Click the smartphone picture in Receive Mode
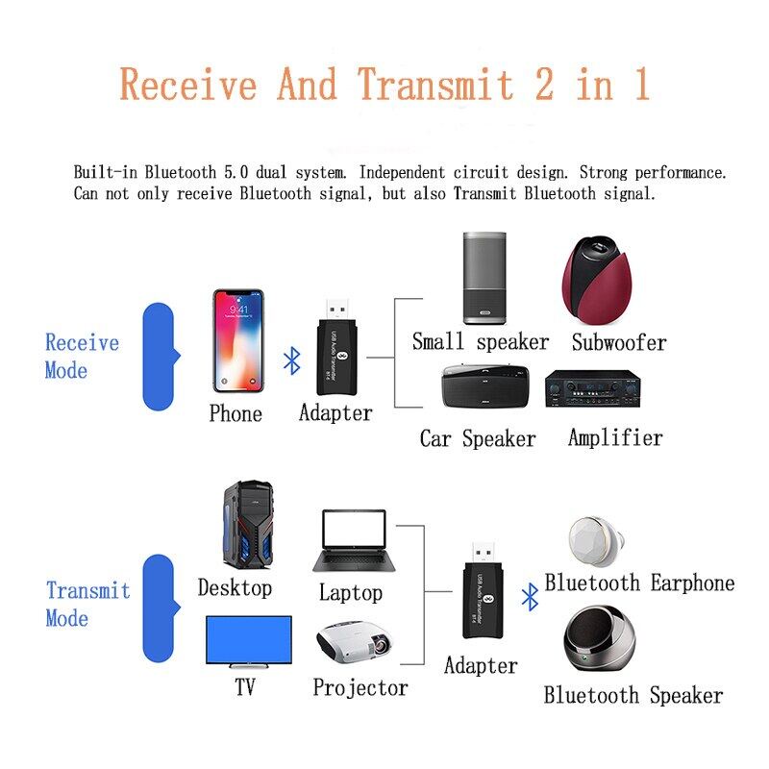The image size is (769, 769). pos(238,341)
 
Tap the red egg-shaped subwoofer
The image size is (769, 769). pos(597,280)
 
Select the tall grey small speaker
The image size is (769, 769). pos(484,278)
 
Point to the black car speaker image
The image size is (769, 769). pos(485,386)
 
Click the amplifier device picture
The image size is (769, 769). pos(593,388)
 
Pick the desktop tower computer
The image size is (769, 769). pos(249,525)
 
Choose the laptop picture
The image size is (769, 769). pos(354,541)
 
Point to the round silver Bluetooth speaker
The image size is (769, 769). pos(599,638)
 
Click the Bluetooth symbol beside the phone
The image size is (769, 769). pos(292,361)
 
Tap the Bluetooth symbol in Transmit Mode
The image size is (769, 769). pos(530,597)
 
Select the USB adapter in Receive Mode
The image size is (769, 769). pos(336,347)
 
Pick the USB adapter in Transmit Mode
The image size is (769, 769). pos(484,590)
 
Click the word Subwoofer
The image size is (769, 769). pos(619,342)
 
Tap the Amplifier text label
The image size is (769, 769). pos(615,437)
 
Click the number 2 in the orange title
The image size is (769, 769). pos(544,84)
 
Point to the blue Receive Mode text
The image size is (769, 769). pos(82,356)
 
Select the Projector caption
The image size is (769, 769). pos(360,687)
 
